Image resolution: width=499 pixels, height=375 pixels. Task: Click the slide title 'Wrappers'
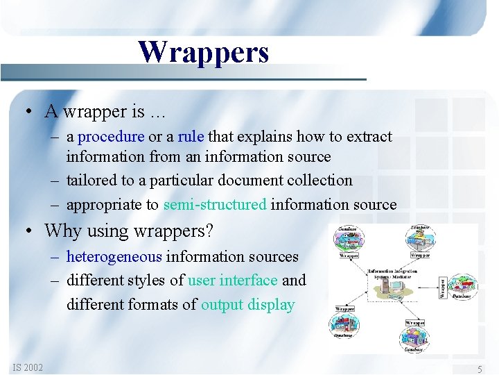point(203,52)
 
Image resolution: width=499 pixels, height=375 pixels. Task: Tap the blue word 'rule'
point(191,137)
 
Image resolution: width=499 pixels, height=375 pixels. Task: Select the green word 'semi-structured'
point(215,204)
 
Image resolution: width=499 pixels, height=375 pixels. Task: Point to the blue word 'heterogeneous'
point(114,257)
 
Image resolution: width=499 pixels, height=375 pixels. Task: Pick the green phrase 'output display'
point(247,305)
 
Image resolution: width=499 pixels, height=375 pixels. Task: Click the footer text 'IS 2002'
point(28,367)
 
